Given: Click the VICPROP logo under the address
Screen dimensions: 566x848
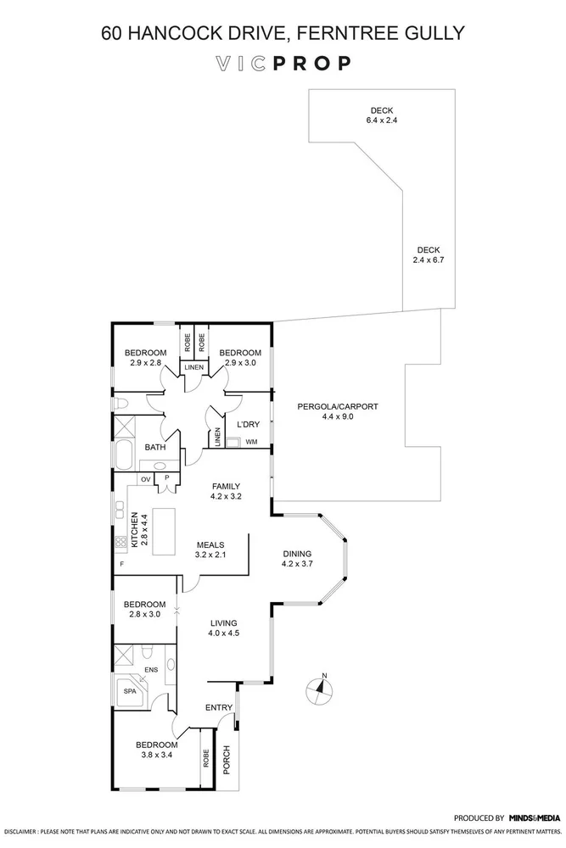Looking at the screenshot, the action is pos(283,63).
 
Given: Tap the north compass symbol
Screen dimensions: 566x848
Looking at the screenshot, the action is pos(320,689).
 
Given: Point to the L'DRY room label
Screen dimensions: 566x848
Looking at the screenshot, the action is pos(249,424).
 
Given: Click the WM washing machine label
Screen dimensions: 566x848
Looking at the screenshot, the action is pos(251,442).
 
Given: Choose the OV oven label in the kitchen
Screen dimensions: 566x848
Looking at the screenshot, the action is pos(145,479).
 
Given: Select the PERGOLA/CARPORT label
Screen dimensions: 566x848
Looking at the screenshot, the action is pos(338,407).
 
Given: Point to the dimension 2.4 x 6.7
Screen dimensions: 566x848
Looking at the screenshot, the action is pos(429,261).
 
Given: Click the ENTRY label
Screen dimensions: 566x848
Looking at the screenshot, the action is pos(219,707).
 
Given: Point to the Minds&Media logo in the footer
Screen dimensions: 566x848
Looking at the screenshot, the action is pos(535,818).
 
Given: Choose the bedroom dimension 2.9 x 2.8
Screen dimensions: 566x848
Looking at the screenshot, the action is pos(145,363).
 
